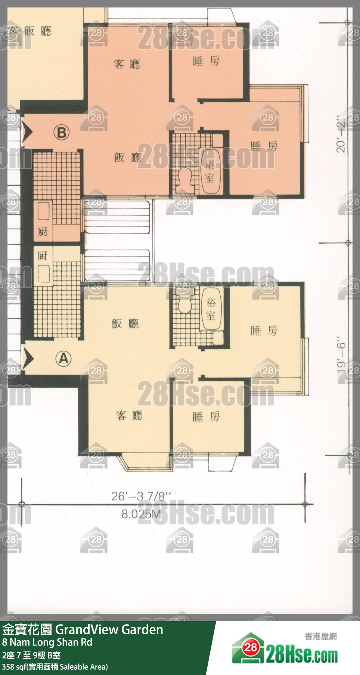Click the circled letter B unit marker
[x=62, y=133]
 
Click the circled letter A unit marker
[x=63, y=358]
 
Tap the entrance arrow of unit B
[x=27, y=131]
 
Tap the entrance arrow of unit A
[x=28, y=358]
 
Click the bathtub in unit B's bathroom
[x=210, y=171]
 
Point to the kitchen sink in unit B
[x=43, y=211]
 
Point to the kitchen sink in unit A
[x=43, y=273]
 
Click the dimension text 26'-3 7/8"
[x=141, y=496]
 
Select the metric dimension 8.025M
[x=141, y=514]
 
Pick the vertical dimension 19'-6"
[x=341, y=355]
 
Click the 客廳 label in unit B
[x=127, y=64]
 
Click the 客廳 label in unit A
[x=129, y=415]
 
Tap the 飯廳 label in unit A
[x=125, y=323]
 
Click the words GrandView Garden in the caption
[x=109, y=630]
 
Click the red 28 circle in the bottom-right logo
[x=251, y=647]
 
